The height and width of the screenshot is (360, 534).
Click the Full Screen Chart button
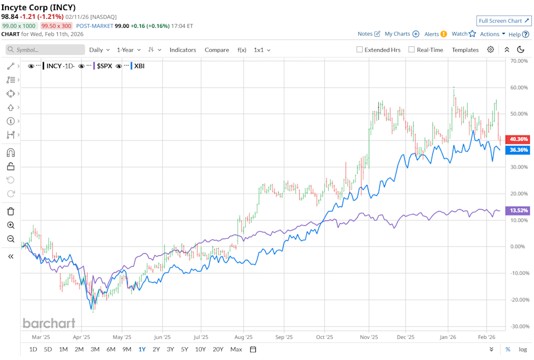pos(503,21)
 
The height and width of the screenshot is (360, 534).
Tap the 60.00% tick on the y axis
pos(518,87)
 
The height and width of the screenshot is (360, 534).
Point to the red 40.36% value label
pos(518,139)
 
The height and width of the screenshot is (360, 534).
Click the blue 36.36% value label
pos(518,150)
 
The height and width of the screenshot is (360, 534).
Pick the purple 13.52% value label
pos(518,210)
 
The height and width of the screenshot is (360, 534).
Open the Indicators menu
pos(182,50)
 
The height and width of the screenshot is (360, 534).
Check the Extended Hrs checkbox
pos(359,50)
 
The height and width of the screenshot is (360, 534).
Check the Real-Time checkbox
pos(412,50)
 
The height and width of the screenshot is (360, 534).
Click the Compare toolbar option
pos(216,50)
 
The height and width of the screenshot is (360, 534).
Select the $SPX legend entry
pos(105,66)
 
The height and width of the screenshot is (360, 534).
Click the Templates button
pos(465,50)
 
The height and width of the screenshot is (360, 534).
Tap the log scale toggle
pos(522,349)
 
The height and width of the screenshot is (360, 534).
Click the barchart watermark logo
pos(48,323)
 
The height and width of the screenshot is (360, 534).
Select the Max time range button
pos(236,349)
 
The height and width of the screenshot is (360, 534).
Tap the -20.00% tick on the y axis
pos(518,299)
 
